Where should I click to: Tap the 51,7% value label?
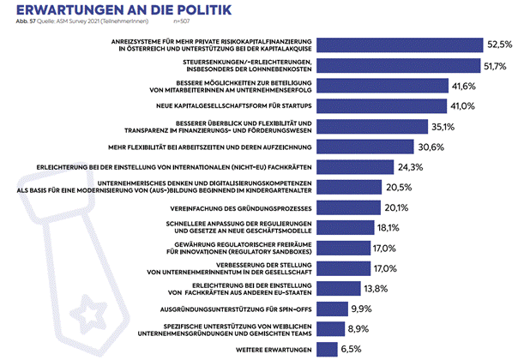pyautogui.click(x=498, y=65)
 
